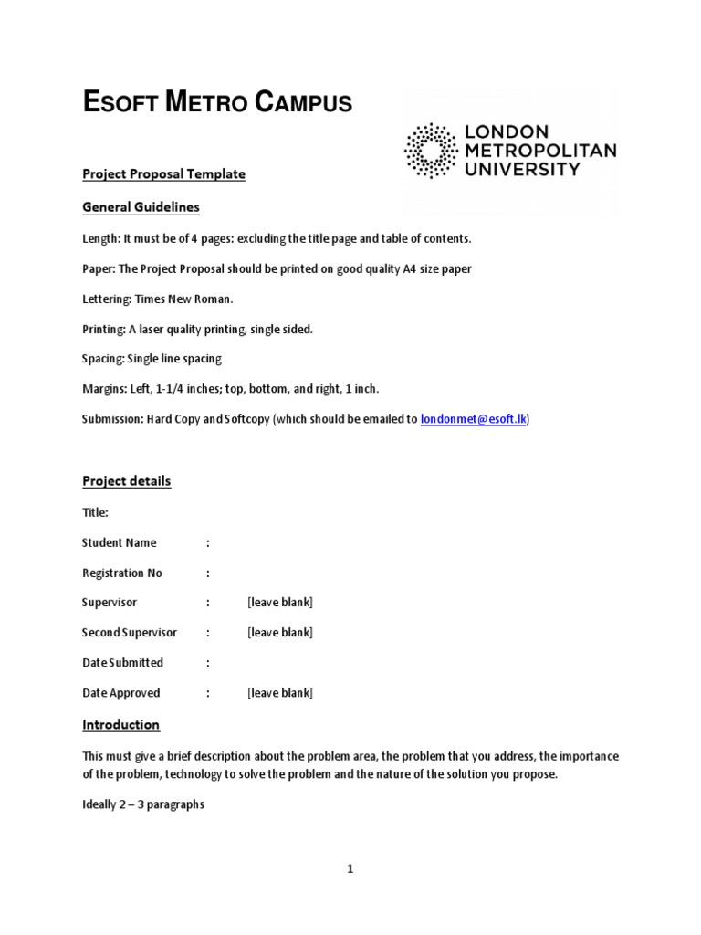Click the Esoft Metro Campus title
217,103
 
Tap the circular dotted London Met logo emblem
431,150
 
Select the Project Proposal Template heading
163,173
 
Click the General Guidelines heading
141,207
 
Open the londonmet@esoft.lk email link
473,419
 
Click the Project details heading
126,481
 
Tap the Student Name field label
119,542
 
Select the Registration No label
121,573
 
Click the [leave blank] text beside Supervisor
279,603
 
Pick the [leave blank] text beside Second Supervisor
279,633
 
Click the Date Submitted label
122,663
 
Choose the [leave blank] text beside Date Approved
279,693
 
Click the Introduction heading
120,725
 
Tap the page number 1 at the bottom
350,869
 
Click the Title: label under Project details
95,512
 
